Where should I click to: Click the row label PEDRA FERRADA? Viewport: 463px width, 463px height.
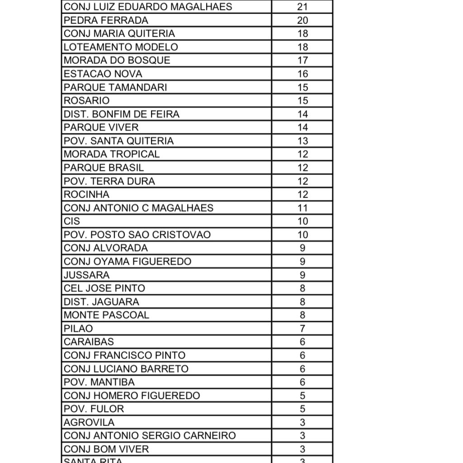pos(106,20)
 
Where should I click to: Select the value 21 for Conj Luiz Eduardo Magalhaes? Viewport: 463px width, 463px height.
pos(302,7)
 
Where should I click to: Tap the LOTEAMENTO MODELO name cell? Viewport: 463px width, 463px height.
pos(121,47)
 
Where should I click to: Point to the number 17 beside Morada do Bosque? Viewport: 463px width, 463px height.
pos(302,60)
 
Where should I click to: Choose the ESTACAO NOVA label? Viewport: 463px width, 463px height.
pos(103,74)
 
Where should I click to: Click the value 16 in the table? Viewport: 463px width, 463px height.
pos(302,74)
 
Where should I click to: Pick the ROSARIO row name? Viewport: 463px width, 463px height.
pos(86,100)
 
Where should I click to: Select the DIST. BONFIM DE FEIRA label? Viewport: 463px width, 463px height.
pos(121,114)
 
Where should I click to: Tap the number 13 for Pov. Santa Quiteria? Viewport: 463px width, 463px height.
pos(302,141)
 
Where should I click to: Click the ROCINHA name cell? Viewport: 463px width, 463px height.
pos(86,194)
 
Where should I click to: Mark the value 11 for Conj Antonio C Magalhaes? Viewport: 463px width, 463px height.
pos(302,208)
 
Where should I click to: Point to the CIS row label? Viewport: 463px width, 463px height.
pos(71,221)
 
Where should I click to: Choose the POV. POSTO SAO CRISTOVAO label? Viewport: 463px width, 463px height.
pos(137,235)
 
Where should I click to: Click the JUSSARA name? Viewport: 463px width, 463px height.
pos(86,275)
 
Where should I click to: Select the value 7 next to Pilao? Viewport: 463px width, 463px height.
pos(302,329)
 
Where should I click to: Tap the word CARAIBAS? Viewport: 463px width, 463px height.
pos(89,342)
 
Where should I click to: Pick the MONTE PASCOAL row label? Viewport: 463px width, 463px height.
pos(106,315)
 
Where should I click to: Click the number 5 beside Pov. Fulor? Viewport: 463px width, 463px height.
pos(302,409)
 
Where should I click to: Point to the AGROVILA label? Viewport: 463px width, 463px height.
pos(89,422)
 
